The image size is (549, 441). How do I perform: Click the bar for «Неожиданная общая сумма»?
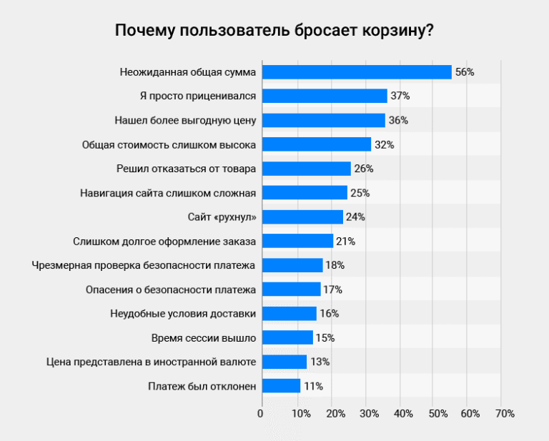pos(357,72)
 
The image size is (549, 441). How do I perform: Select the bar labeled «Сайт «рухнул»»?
pos(302,217)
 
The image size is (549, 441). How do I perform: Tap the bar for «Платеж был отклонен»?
pos(280,386)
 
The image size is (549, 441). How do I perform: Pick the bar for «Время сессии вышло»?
pos(287,337)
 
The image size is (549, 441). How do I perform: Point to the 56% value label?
pos(465,72)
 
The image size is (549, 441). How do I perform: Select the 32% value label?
pos(384,144)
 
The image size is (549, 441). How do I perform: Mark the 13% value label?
pos(319,362)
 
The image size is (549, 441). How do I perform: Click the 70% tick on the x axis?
pos(504,414)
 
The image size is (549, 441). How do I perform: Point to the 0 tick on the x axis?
pos(261,414)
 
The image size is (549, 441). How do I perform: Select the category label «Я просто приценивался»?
pos(198,96)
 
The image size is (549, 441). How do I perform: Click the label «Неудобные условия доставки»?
pos(184,313)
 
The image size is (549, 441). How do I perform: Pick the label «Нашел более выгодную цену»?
pos(185,120)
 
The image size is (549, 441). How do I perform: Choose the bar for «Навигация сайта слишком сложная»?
pos(304,192)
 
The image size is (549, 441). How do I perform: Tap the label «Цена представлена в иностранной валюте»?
pos(150,362)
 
